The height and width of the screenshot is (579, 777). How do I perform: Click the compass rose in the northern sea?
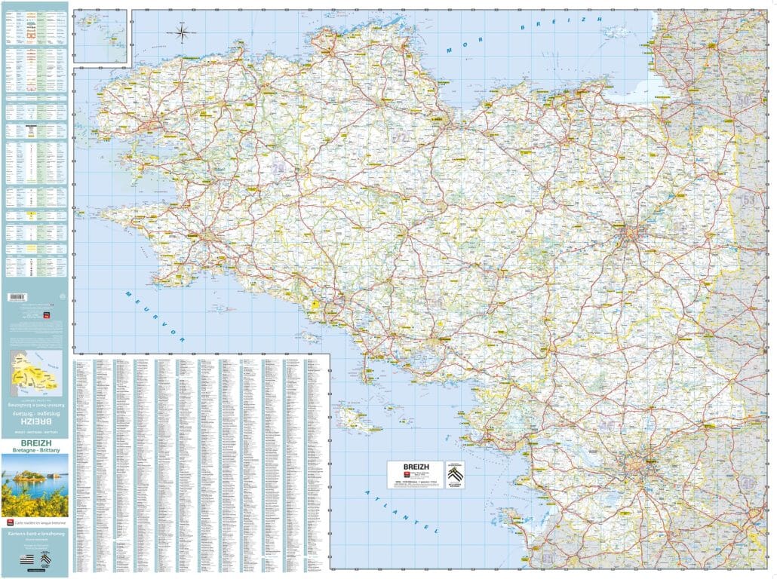183,32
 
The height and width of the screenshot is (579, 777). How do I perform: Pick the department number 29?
279,169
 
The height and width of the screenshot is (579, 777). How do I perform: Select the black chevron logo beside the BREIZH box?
455,474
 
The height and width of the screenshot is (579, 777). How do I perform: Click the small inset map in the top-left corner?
103,36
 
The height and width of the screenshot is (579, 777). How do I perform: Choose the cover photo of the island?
35,484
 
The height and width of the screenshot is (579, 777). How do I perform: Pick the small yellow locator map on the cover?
35,372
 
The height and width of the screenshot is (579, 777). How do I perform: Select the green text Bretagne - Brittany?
34,450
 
